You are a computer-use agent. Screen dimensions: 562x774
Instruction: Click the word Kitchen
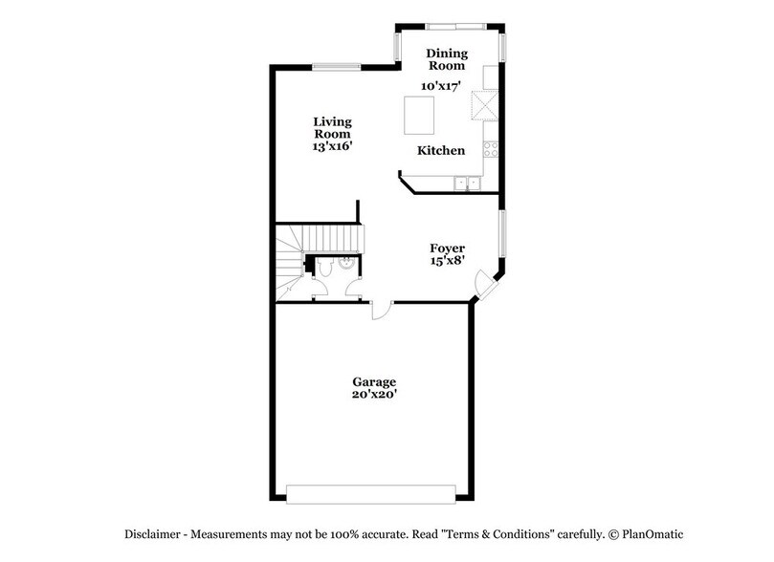441,151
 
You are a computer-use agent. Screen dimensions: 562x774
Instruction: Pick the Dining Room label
446,59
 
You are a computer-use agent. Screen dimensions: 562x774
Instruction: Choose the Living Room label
333,128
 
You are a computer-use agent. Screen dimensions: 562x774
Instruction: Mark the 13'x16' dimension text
333,148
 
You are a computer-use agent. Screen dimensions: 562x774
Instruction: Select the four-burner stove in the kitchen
491,150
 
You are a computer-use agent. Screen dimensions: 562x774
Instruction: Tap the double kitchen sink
467,182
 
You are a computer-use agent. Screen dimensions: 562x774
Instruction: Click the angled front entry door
490,288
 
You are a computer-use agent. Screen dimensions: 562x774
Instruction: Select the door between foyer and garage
381,309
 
